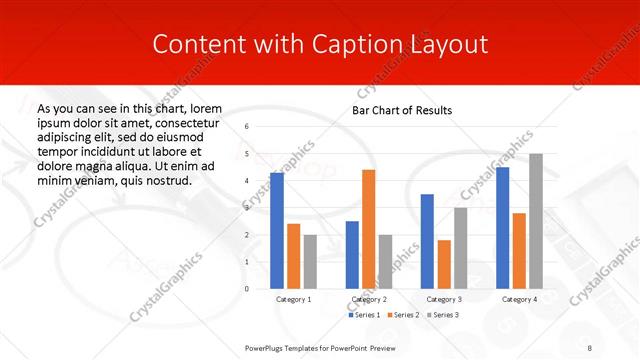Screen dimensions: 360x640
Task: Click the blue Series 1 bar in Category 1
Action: tap(277, 231)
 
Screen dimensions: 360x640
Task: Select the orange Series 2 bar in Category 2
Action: tap(369, 229)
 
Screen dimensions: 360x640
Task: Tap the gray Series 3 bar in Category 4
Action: tap(536, 221)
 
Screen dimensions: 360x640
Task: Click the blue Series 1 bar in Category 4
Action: tap(502, 228)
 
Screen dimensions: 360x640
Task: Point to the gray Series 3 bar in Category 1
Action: tap(310, 262)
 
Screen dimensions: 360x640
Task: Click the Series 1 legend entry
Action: tap(366, 315)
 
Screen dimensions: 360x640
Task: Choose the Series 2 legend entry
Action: tap(404, 315)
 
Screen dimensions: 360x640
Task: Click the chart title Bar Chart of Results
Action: tap(401, 110)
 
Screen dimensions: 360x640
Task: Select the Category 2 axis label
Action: tap(369, 299)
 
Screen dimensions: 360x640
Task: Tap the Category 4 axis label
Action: tap(519, 299)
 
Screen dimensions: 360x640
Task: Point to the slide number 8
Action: tap(590, 347)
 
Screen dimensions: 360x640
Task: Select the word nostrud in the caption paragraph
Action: tap(165, 180)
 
